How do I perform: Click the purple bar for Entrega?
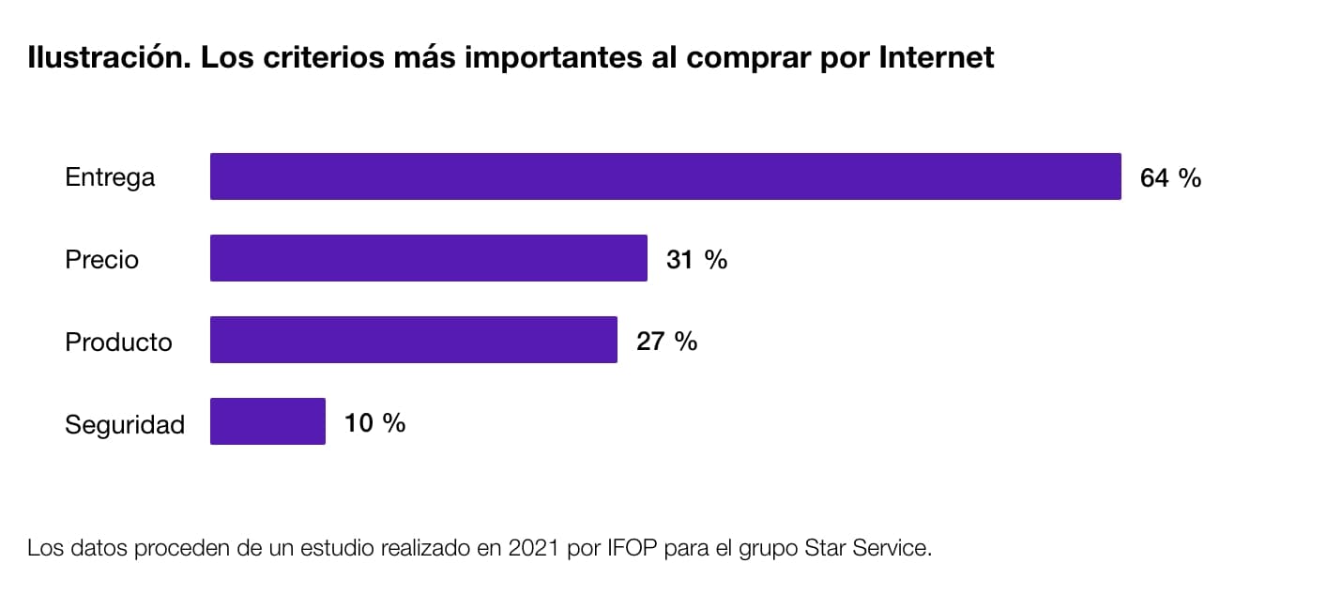click(x=664, y=176)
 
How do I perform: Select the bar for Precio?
click(x=428, y=258)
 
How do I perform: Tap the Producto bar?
click(x=413, y=340)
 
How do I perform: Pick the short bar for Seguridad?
click(x=267, y=421)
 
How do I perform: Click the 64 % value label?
click(x=1170, y=177)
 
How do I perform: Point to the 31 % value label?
click(x=696, y=259)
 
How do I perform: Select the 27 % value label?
click(x=666, y=341)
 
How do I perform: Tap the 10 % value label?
click(x=374, y=422)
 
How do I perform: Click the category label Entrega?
click(x=110, y=177)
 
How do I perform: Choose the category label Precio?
click(x=101, y=259)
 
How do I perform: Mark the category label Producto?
click(x=118, y=342)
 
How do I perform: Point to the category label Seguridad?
click(x=124, y=425)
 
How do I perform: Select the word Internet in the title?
click(x=936, y=58)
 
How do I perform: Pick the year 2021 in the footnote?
click(x=532, y=548)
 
